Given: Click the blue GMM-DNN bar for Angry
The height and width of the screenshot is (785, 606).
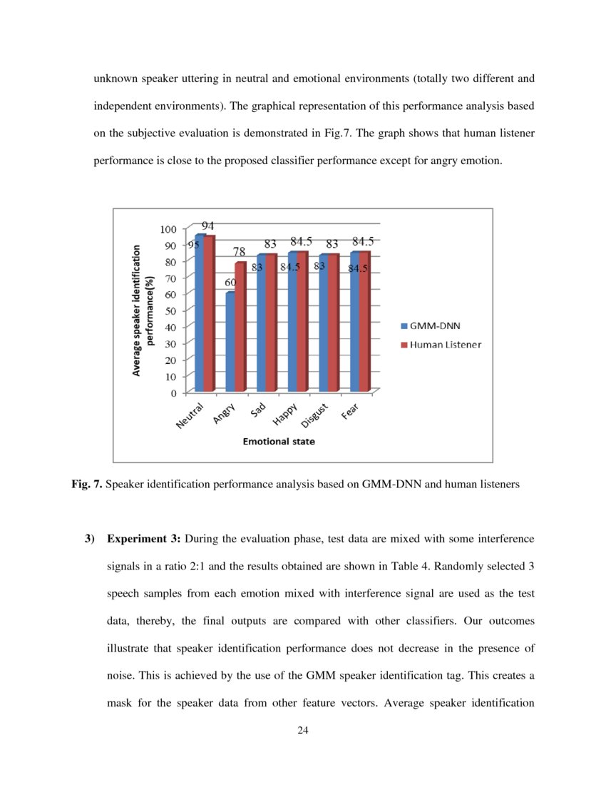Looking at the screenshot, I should [230, 341].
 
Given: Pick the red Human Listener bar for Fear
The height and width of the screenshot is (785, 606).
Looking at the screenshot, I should [364, 321].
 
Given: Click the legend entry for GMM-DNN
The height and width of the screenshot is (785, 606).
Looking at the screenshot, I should [431, 326].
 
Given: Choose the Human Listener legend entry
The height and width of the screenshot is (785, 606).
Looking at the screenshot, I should [441, 345].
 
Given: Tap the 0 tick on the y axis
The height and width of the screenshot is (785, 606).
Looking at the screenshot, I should [173, 392].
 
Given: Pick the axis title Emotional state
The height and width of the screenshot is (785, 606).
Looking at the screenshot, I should [279, 442].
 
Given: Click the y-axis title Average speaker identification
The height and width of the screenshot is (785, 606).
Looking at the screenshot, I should [137, 311].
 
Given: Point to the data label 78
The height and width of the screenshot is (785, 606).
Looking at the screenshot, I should [240, 252].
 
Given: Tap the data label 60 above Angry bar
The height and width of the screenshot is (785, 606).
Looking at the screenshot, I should [230, 283].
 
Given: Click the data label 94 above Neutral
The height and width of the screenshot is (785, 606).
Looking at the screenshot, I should [208, 225].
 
